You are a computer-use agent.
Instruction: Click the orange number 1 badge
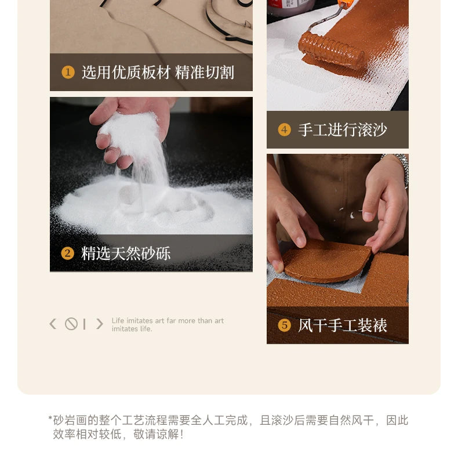[68, 73]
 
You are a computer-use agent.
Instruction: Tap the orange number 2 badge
[67, 253]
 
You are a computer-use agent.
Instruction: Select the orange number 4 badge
[284, 130]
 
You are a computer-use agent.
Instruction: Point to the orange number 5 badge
[284, 325]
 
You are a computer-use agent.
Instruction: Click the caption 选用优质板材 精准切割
[158, 73]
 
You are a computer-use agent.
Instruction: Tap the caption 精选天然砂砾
[126, 253]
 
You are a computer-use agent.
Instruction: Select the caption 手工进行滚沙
[342, 130]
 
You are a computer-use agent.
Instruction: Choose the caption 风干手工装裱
[342, 325]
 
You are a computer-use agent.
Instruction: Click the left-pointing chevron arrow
[53, 324]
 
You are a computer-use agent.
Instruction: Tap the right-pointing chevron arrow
[100, 324]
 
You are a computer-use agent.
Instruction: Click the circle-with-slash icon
[71, 324]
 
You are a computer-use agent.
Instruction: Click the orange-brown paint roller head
[331, 50]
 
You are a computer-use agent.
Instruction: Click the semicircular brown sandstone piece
[326, 261]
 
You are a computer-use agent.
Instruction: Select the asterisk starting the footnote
[50, 418]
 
